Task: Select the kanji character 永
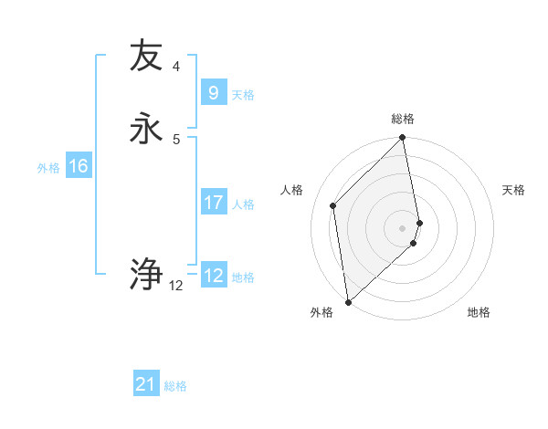pyautogui.click(x=146, y=127)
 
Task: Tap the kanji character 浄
pyautogui.click(x=146, y=273)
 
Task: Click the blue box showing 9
pyautogui.click(x=213, y=92)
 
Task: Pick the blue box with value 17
pyautogui.click(x=213, y=202)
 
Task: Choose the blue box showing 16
pyautogui.click(x=78, y=166)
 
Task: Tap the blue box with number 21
pyautogui.click(x=146, y=384)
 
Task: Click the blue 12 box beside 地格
pyautogui.click(x=213, y=276)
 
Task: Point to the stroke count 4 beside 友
pyautogui.click(x=175, y=66)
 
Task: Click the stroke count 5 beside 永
pyautogui.click(x=175, y=139)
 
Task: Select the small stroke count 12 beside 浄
pyautogui.click(x=175, y=286)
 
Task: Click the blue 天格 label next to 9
pyautogui.click(x=243, y=95)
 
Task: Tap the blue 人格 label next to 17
pyautogui.click(x=243, y=204)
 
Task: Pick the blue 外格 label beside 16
pyautogui.click(x=48, y=168)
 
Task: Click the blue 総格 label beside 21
pyautogui.click(x=175, y=386)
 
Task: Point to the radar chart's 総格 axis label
pyautogui.click(x=403, y=119)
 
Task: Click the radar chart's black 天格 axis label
pyautogui.click(x=513, y=190)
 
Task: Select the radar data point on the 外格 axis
pyautogui.click(x=348, y=302)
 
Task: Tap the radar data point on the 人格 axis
pyautogui.click(x=333, y=205)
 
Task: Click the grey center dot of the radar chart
pyautogui.click(x=403, y=227)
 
